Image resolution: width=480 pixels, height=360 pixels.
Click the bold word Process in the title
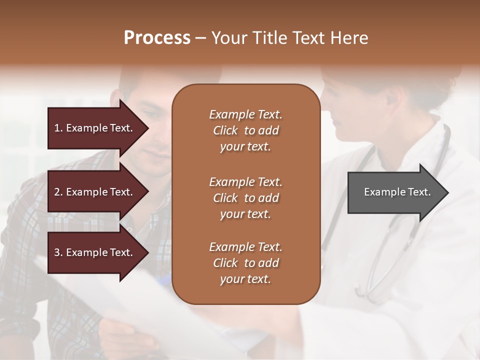(157, 38)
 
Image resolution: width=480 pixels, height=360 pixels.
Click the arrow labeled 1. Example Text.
(95, 128)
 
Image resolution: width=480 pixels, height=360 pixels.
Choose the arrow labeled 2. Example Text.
(95, 192)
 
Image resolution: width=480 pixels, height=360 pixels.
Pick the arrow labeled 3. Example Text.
(95, 252)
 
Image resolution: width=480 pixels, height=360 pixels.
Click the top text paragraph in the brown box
(245, 130)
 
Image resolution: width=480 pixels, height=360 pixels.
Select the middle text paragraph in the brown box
(245, 198)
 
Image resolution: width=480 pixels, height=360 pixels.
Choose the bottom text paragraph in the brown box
(245, 263)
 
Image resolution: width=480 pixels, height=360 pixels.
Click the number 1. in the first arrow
(58, 128)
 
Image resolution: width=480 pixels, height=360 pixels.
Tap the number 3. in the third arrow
(58, 252)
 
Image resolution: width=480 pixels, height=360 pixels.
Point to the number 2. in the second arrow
(58, 192)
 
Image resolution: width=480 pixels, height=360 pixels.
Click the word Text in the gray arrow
(420, 192)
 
